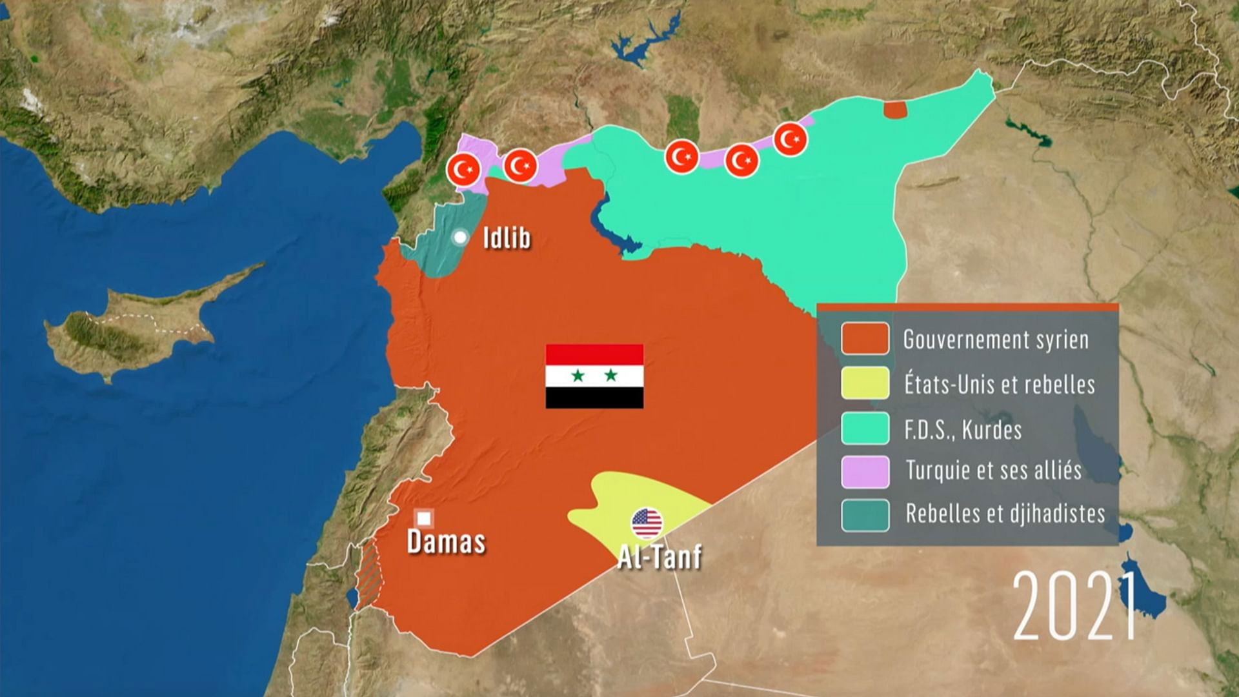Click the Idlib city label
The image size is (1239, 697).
coord(507,238)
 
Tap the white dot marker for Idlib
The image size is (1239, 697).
coord(459,237)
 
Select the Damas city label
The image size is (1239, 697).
coord(446,542)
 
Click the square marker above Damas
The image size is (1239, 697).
coord(423,518)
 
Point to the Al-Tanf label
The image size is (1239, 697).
coord(659,557)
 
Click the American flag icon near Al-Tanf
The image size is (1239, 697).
coord(647,523)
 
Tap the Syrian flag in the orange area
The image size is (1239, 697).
coord(594,376)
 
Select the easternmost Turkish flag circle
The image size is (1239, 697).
coord(790,139)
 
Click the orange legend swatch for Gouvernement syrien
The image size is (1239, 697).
coord(865,339)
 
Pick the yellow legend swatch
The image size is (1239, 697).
coord(865,383)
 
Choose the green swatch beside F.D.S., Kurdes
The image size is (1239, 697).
coord(865,429)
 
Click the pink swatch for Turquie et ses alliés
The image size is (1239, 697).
coord(865,471)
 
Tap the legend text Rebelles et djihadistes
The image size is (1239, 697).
coord(1005,514)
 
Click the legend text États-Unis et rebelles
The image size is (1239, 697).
coord(999,385)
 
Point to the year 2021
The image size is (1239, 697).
coord(1074,606)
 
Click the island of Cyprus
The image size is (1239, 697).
coord(129,329)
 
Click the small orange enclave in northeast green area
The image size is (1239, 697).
coord(895,110)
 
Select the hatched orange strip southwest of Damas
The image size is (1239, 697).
coord(369,574)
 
